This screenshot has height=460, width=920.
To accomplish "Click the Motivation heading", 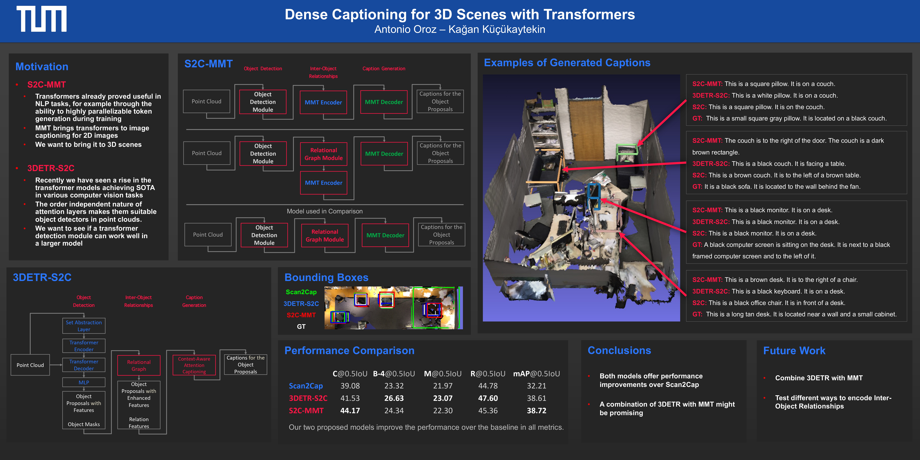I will (42, 67).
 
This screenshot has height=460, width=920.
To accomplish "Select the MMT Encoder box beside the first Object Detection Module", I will (323, 102).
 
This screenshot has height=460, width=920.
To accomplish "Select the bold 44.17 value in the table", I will (350, 411).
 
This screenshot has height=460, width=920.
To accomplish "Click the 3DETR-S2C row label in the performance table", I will (308, 398).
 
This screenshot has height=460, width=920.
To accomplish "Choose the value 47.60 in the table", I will (488, 398).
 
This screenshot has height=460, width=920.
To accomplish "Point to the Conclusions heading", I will (619, 351).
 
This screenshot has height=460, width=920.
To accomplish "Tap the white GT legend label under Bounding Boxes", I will (301, 326).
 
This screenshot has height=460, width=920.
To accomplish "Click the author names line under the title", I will (460, 29).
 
